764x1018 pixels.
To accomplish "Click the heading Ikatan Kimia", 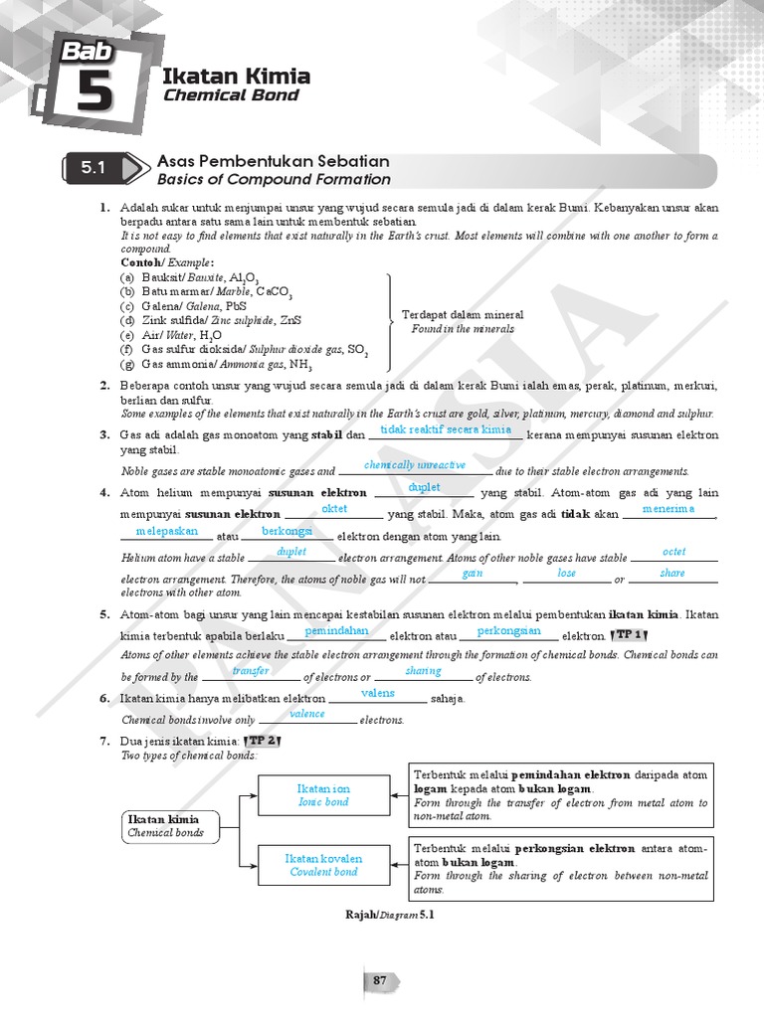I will (236, 77).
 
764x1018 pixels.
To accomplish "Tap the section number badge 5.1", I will (93, 169).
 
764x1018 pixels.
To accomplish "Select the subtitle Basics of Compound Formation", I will (274, 180).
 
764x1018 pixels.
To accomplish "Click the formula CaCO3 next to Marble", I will (274, 292).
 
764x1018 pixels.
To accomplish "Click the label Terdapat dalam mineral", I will (463, 315).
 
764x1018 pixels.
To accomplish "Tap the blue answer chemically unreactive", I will (415, 465).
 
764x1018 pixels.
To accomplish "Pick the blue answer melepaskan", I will (166, 531).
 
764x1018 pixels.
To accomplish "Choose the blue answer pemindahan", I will (336, 630).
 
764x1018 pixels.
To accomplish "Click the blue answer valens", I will (377, 693).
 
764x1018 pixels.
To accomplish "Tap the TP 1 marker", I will (630, 634).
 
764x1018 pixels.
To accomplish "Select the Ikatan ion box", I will (323, 795).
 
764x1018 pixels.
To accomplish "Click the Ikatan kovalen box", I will (323, 865).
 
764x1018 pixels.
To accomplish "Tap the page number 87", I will (379, 981).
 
